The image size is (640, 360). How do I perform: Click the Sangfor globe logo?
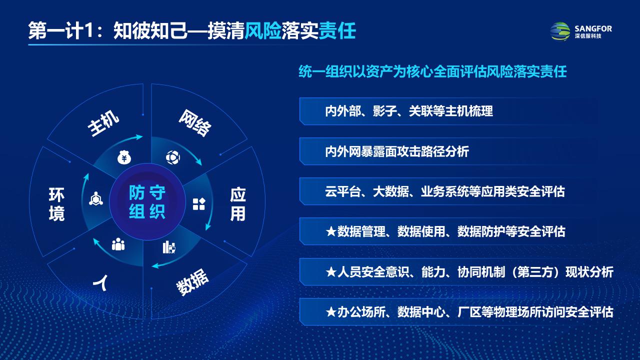pyautogui.click(x=560, y=31)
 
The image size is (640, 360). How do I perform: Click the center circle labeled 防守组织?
pyautogui.click(x=147, y=201)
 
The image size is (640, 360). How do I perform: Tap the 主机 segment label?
pyautogui.click(x=103, y=123)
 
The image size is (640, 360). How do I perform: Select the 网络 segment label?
pyautogui.click(x=195, y=123)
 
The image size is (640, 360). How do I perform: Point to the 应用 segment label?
pyautogui.click(x=237, y=204)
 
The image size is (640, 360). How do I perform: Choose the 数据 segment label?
pyautogui.click(x=192, y=281)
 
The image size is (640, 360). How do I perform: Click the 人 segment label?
pyautogui.click(x=100, y=282)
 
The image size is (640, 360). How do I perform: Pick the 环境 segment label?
pyautogui.click(x=56, y=204)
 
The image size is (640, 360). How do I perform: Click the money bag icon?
pyautogui.click(x=124, y=157)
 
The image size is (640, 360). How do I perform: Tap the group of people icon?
pyautogui.click(x=118, y=244)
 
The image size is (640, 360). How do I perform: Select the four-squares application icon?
pyautogui.click(x=199, y=204)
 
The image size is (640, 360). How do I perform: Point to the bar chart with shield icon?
pyautogui.click(x=169, y=247)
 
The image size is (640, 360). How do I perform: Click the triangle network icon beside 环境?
pyautogui.click(x=96, y=198)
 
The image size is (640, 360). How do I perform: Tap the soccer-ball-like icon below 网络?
pyautogui.click(x=173, y=157)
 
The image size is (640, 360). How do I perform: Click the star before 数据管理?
pyautogui.click(x=331, y=231)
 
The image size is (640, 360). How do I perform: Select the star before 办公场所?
pyautogui.click(x=331, y=311)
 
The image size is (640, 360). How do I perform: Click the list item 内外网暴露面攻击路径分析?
pyautogui.click(x=397, y=151)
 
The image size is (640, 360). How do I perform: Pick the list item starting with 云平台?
pyautogui.click(x=445, y=191)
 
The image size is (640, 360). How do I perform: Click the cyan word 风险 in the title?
pyautogui.click(x=263, y=30)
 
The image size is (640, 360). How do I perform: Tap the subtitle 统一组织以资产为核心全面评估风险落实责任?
pyautogui.click(x=432, y=71)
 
